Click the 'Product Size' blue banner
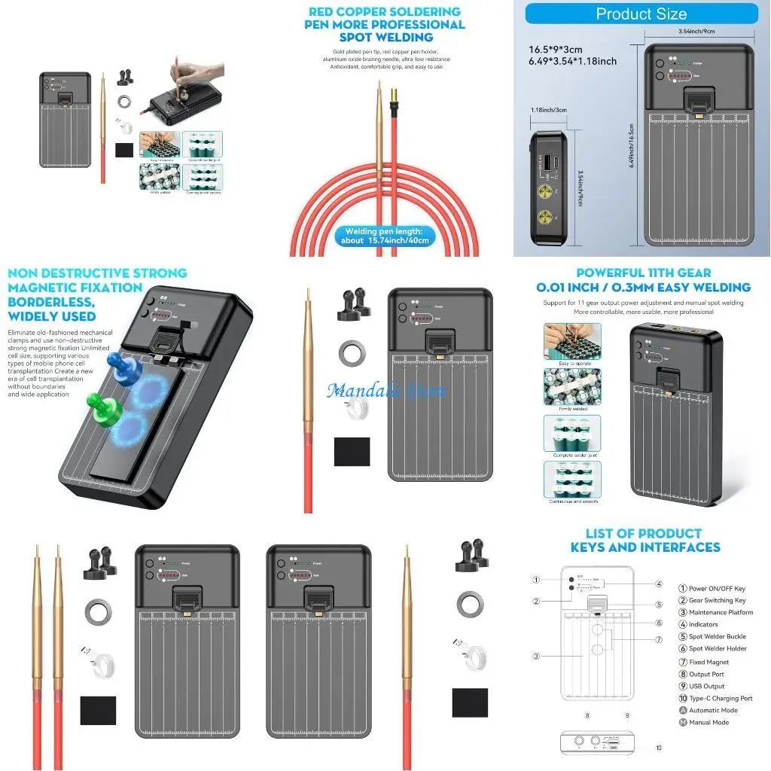click(x=641, y=14)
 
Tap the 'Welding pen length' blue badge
click(x=385, y=236)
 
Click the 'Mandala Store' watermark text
click(x=386, y=391)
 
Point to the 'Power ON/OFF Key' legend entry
click(x=717, y=588)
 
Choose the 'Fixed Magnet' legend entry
click(x=709, y=662)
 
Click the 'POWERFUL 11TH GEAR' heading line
click(x=643, y=273)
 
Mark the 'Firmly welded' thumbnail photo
click(x=572, y=387)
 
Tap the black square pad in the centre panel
click(x=352, y=451)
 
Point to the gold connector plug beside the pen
click(x=393, y=111)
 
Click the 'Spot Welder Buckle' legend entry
click(x=716, y=636)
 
